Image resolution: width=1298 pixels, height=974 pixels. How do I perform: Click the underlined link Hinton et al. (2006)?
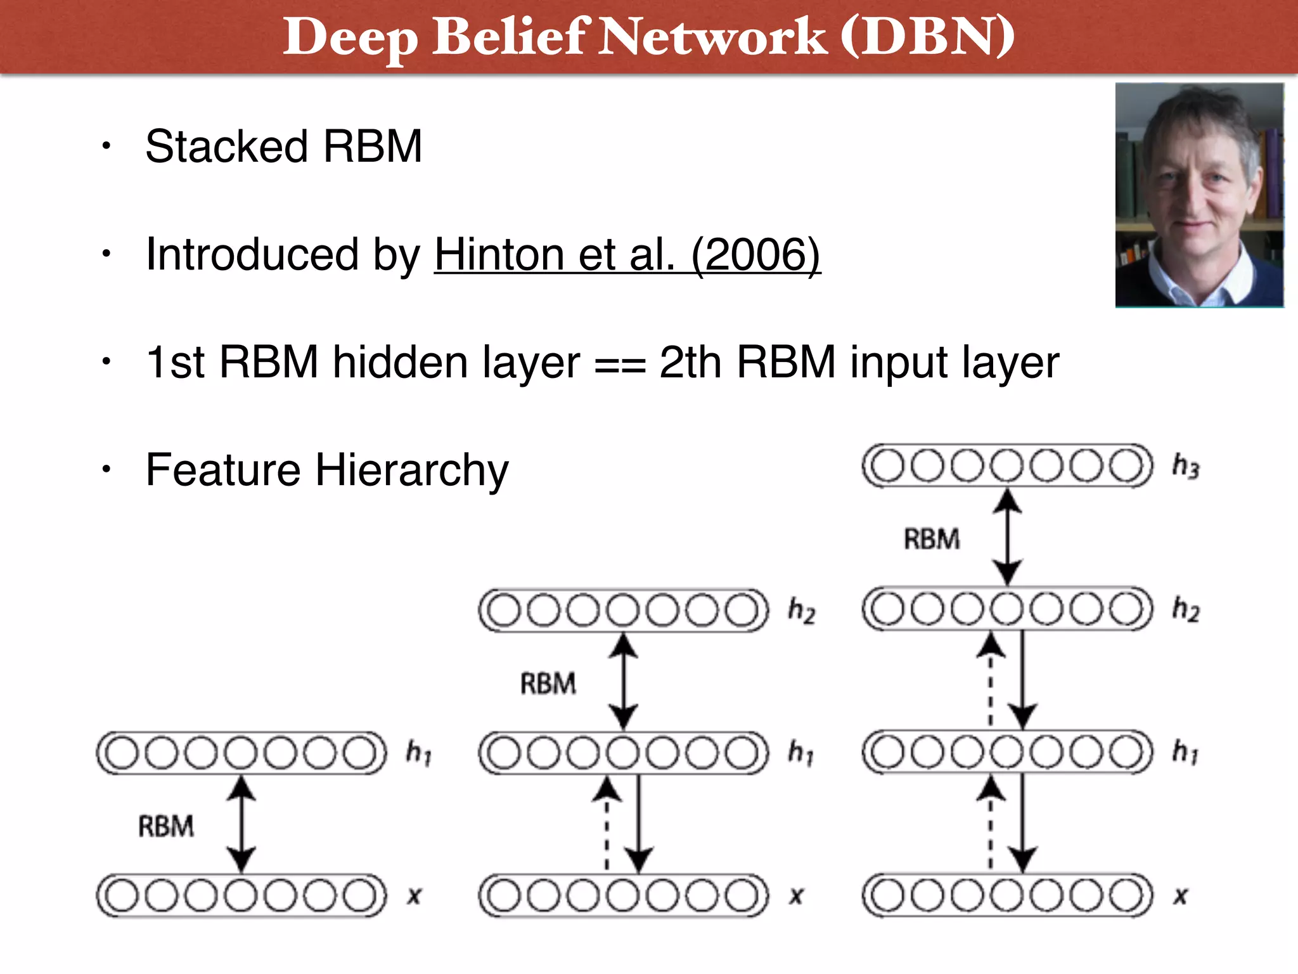coord(627,255)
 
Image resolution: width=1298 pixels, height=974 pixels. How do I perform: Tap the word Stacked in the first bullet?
coord(227,146)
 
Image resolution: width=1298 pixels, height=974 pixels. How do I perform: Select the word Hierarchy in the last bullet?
coord(412,471)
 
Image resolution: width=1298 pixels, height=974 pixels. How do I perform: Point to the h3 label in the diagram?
coord(1185,466)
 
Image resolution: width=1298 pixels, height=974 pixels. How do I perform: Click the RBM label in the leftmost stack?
coord(166,826)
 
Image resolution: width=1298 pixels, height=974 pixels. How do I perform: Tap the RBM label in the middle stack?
coord(548,684)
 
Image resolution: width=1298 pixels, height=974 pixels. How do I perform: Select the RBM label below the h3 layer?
coord(932,539)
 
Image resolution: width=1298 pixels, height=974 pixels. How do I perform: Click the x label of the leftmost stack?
coord(414,896)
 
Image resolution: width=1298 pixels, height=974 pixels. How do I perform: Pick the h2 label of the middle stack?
coord(801,610)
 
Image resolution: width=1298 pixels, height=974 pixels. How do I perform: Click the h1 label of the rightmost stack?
coord(1185,752)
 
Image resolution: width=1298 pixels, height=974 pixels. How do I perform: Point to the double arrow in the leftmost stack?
coord(241,824)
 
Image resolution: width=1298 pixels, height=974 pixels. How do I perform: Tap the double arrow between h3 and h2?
coord(1007,536)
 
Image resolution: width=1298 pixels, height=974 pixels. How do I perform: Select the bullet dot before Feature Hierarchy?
coord(106,469)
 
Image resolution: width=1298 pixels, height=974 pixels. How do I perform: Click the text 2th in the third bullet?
coord(690,363)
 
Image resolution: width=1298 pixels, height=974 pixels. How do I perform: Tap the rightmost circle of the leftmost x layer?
coord(360,896)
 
